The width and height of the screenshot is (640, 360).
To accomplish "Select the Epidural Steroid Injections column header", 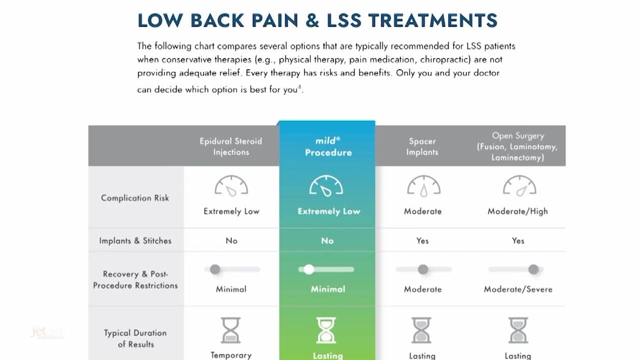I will pos(230,146).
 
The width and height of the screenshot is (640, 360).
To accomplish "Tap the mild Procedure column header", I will pos(327,146).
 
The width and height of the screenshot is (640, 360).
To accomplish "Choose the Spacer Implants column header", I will pos(422,146).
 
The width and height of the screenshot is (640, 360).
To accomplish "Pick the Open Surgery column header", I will pos(517,146).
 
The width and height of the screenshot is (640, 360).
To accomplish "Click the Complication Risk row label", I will pos(135,198).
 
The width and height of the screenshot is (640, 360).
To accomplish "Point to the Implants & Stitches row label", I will pos(135,241).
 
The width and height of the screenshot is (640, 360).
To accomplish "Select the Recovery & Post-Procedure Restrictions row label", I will pos(135,280).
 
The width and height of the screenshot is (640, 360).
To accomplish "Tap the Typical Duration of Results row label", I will pos(135,338).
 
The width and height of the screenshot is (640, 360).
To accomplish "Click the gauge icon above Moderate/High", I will pos(519,186).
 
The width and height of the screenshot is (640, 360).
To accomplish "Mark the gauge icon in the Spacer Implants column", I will pos(423,186).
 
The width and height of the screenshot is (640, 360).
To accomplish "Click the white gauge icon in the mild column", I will pos(326,186).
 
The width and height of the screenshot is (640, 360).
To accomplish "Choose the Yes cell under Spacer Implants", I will pos(422,241).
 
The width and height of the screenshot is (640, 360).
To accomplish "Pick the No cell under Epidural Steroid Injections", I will pos(231,241).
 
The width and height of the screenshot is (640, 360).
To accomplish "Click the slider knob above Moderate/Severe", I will pos(533,269).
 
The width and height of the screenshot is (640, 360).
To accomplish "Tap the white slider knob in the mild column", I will pos(309,269).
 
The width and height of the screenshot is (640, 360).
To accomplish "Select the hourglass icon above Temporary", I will pos(230,330).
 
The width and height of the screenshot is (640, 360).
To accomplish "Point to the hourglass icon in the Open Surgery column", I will pos(518,330).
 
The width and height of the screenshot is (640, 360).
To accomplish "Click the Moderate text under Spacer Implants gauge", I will pos(422,211).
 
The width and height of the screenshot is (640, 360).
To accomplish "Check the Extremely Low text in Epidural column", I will pos(231,211).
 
